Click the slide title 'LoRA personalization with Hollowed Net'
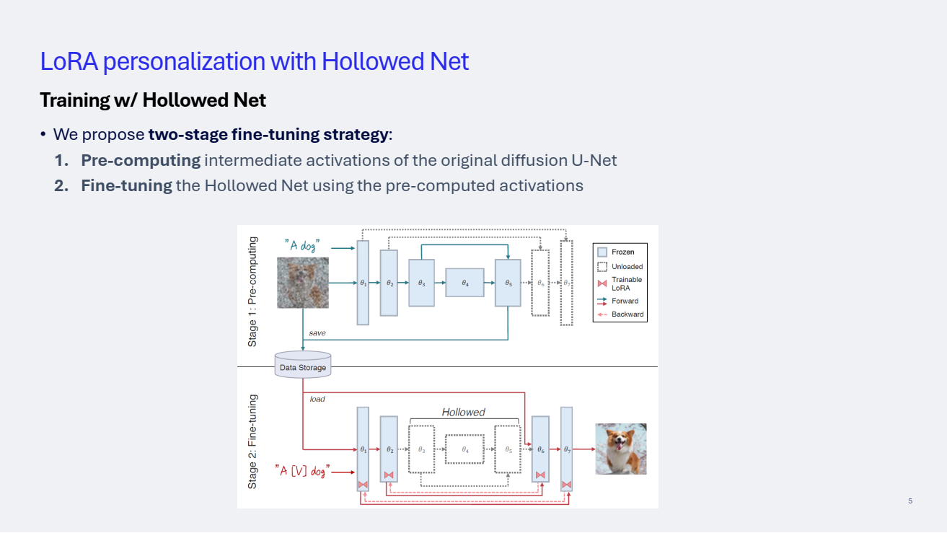(x=255, y=61)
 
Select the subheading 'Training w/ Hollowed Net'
(x=153, y=100)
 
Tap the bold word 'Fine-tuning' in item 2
(x=126, y=185)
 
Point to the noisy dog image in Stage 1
(x=303, y=283)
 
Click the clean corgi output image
(x=620, y=449)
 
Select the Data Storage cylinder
(x=303, y=365)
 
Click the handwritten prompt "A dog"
(x=301, y=246)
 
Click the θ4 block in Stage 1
(x=464, y=283)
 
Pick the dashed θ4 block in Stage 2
(x=464, y=449)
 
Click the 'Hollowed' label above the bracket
(x=463, y=413)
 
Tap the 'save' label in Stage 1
(x=317, y=333)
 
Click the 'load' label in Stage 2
(x=317, y=399)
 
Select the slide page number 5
(x=910, y=501)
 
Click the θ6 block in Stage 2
(x=540, y=449)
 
